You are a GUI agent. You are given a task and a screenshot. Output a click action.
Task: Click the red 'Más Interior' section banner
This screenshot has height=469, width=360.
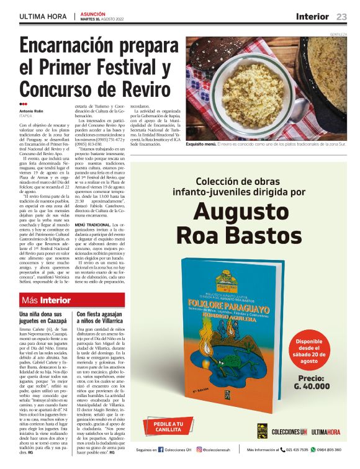point(46,300)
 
